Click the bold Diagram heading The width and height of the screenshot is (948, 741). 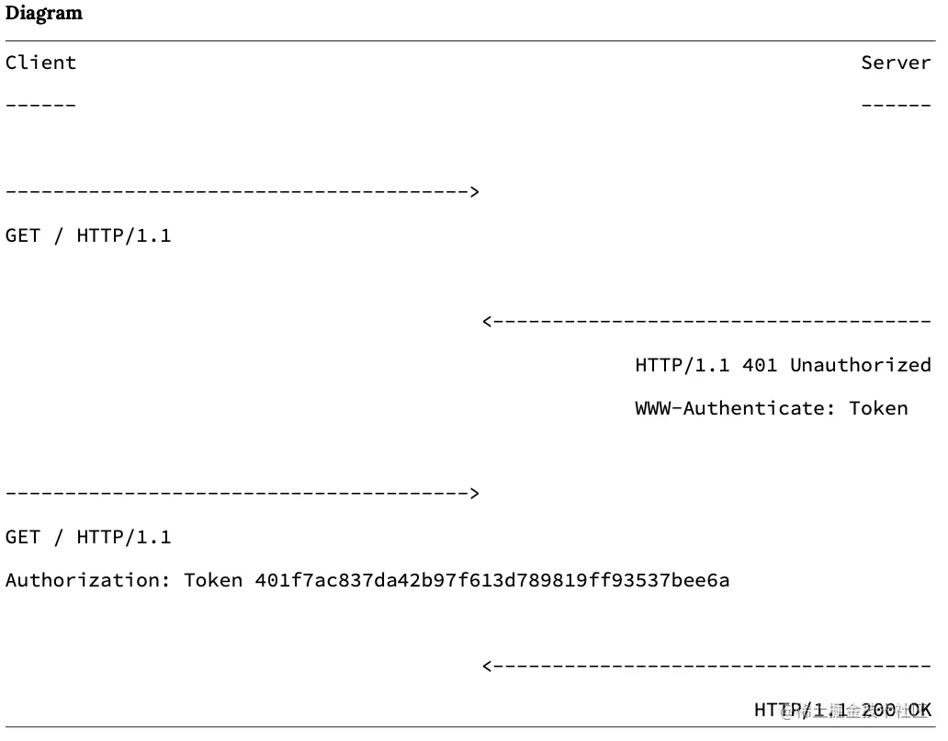(44, 14)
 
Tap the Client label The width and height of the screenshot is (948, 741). (40, 63)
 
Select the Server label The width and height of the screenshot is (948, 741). (896, 63)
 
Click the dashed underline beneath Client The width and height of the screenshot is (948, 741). (40, 104)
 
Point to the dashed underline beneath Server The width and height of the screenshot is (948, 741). (896, 104)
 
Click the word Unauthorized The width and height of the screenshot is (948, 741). (860, 365)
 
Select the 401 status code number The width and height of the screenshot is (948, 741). (760, 365)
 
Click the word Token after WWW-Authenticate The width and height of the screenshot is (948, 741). (877, 408)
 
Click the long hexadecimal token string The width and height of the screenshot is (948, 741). (491, 580)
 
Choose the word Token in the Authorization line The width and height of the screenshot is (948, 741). (213, 580)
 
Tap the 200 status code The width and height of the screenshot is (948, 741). (878, 710)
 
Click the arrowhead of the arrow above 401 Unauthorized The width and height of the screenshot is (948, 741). (488, 321)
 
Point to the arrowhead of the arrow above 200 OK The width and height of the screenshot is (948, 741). (488, 666)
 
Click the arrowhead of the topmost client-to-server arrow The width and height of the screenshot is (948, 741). (474, 192)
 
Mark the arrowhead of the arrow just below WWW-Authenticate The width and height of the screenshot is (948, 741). (474, 494)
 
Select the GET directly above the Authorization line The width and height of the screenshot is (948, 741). (23, 537)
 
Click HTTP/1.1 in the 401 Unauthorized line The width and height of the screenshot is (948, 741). (682, 365)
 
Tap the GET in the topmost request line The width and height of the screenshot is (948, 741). (23, 235)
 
